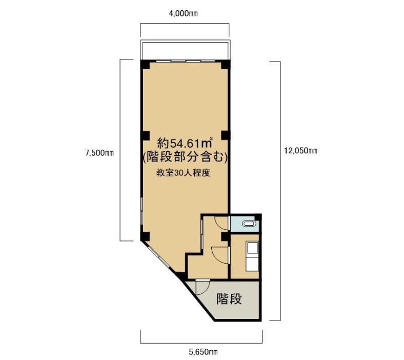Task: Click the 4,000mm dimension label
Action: (183, 13)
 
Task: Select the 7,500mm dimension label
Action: (99, 153)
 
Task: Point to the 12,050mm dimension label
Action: (300, 150)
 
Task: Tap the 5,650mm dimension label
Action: (203, 352)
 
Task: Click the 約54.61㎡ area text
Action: (185, 143)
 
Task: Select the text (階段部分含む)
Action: (185, 157)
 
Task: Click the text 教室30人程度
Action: (183, 173)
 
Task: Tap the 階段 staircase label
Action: (229, 299)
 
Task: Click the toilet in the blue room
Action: (249, 224)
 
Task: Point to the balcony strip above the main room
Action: (185, 50)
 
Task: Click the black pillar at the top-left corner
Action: (145, 64)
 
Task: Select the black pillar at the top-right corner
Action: (225, 64)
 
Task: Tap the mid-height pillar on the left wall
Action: (145, 135)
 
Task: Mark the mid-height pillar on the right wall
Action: (225, 135)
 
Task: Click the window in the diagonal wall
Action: (159, 257)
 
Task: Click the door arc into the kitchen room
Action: (220, 255)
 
